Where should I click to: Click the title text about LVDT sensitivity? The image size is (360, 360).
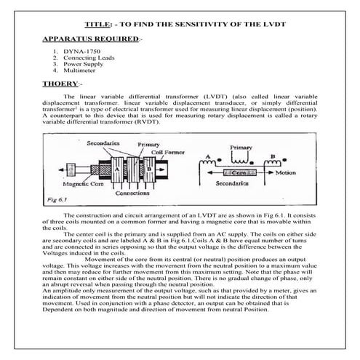point(180,24)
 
